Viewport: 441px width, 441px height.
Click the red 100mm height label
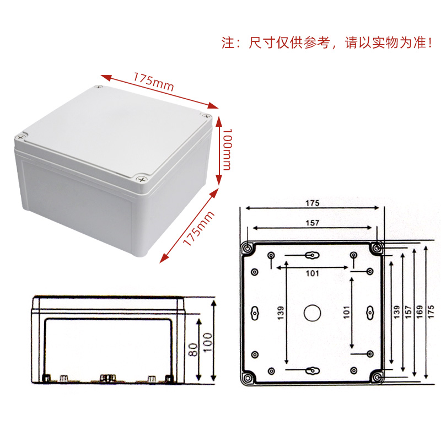click(x=227, y=149)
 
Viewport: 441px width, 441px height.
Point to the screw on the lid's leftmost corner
click(x=22, y=136)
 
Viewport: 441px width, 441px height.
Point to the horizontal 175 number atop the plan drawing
click(x=313, y=202)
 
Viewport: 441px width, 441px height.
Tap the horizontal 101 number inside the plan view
click(x=313, y=273)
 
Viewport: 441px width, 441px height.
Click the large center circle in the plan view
click(x=313, y=313)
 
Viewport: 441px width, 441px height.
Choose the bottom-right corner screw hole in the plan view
click(x=378, y=378)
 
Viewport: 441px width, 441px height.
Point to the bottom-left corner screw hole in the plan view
click(x=247, y=378)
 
